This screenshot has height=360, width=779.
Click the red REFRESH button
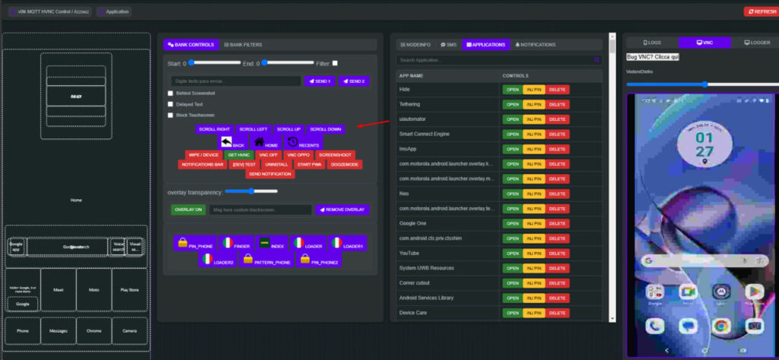coord(760,11)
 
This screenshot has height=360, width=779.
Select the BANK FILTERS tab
coord(243,45)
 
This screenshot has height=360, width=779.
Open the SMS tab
coord(449,45)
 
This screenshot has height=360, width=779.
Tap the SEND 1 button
coord(320,81)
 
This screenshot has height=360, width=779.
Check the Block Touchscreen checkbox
coord(170,115)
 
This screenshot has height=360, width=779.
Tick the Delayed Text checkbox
coord(170,104)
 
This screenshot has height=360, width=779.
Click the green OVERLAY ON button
coord(188,209)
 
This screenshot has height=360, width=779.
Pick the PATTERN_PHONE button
coord(265,260)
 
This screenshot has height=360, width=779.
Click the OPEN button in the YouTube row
coord(511,253)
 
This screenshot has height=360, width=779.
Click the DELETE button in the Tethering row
coord(557,104)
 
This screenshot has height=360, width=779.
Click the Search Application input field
coord(494,59)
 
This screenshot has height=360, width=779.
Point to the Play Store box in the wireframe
coord(130,290)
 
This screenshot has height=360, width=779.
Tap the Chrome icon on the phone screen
coord(720,326)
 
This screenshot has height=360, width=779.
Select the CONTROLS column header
coord(516,76)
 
